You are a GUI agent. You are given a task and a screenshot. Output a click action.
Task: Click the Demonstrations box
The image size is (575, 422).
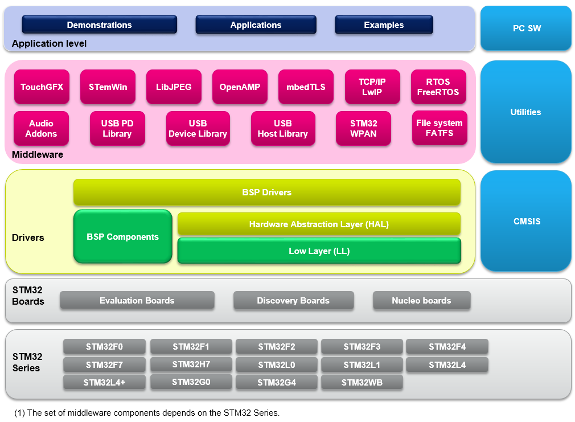tap(99, 25)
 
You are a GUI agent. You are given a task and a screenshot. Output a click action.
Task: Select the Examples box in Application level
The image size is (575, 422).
tap(384, 25)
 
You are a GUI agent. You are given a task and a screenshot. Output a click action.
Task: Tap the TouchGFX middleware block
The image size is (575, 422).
tap(42, 87)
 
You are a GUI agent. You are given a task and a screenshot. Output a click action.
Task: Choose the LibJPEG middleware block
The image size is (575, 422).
tap(174, 87)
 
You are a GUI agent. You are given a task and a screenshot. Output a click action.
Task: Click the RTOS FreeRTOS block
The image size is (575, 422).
tap(438, 87)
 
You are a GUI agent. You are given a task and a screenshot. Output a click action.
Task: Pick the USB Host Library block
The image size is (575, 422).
tap(282, 129)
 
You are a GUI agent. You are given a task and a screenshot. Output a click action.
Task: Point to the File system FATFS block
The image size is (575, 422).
tap(439, 128)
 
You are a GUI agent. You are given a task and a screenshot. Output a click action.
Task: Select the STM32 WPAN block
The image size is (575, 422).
tap(364, 129)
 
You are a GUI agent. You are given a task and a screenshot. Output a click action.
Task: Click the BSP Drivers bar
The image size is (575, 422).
tap(266, 192)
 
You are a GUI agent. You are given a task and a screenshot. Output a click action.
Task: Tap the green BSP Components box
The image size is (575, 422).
tap(122, 237)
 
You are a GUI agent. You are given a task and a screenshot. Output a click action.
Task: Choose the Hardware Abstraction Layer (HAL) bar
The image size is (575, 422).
tap(319, 224)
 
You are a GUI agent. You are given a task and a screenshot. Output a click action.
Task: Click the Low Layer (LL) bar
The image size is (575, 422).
tap(319, 251)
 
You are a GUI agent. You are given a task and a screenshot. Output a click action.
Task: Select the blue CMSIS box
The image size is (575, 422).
tap(525, 221)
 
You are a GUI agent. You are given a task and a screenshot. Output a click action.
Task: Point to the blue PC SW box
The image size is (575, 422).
tap(525, 28)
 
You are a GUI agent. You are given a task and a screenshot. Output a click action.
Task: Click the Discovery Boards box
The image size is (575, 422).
tap(293, 301)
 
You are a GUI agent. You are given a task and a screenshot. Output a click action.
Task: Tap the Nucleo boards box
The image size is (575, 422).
tap(421, 301)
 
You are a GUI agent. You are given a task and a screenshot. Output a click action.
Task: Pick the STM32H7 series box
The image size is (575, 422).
tap(191, 364)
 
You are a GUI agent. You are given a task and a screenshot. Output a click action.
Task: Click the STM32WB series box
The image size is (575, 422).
tap(362, 383)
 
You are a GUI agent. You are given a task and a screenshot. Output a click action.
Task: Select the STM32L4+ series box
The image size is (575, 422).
tap(104, 383)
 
